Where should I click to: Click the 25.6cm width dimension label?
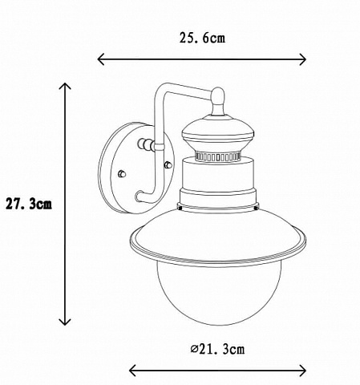click(x=202, y=38)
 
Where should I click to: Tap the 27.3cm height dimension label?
click(x=29, y=205)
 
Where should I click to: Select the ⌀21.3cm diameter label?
click(x=217, y=349)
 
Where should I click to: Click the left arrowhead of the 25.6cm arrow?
click(x=101, y=59)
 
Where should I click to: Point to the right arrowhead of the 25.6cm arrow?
click(x=303, y=59)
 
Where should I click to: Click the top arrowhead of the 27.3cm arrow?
click(x=65, y=86)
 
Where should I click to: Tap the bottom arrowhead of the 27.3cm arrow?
click(x=65, y=322)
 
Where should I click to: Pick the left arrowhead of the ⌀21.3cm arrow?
click(x=132, y=371)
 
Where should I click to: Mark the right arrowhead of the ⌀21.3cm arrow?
click(x=303, y=371)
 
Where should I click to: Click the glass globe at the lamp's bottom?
click(x=219, y=294)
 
